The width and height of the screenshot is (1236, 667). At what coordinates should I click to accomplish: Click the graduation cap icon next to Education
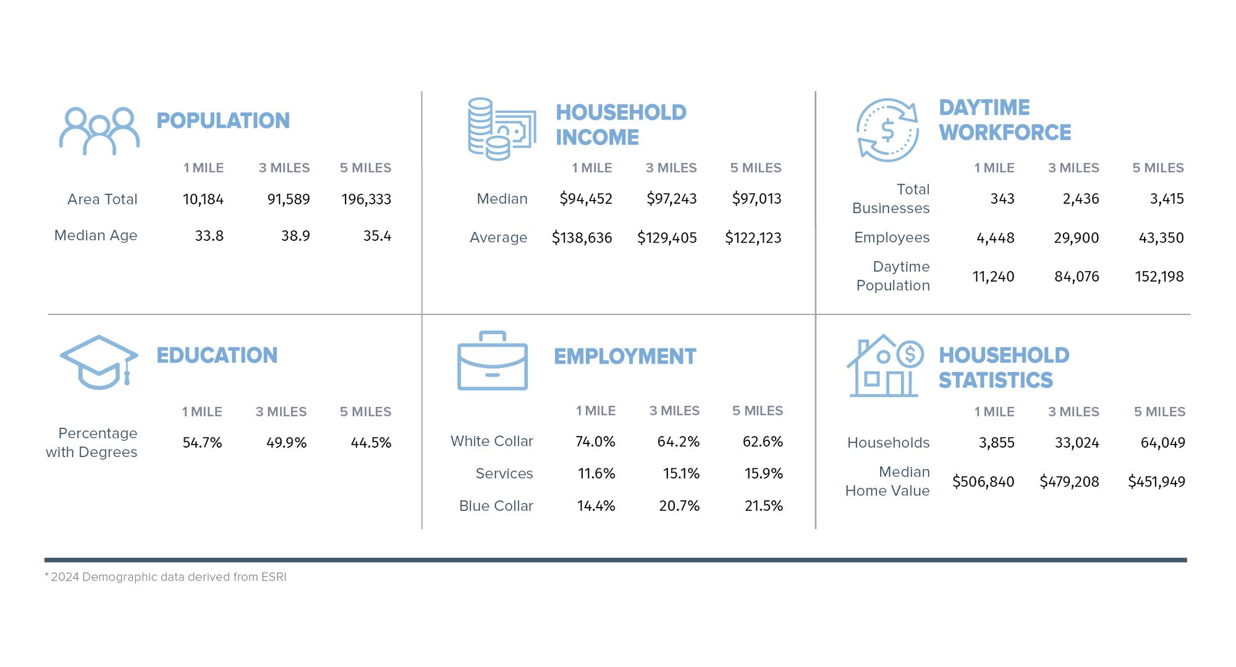[99, 363]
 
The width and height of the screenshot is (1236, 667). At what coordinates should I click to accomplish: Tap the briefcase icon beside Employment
[492, 361]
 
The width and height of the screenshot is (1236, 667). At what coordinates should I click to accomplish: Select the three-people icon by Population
[99, 131]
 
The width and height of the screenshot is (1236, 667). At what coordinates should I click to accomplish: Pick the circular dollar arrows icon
[887, 130]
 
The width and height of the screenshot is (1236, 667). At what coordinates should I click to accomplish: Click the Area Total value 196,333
[366, 199]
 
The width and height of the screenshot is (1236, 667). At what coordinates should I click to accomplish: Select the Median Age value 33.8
[209, 236]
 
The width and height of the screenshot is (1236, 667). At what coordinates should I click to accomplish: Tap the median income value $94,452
[585, 199]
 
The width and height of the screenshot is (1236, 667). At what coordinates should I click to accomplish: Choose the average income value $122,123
[753, 238]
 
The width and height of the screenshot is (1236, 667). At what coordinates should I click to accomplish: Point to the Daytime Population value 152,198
[1159, 277]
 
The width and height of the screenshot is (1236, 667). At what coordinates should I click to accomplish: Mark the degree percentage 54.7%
[202, 443]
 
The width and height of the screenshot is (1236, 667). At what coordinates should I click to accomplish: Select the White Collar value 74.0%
[595, 442]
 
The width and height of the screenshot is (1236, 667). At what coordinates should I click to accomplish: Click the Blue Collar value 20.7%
[679, 506]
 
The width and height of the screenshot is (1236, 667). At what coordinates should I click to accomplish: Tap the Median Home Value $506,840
[983, 482]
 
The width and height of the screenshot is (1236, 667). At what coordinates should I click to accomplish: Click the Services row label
[504, 474]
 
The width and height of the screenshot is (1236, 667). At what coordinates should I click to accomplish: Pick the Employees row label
[891, 238]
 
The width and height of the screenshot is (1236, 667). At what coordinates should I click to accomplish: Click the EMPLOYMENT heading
[624, 356]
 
